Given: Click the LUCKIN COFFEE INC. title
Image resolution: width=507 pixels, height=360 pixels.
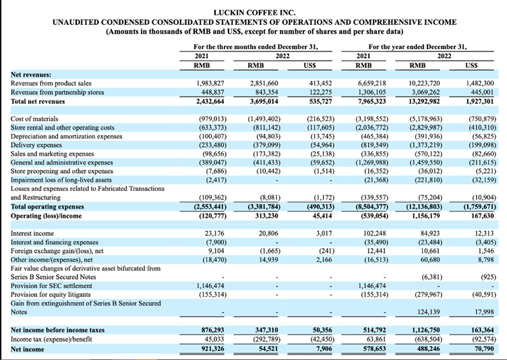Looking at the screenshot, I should click(253, 12).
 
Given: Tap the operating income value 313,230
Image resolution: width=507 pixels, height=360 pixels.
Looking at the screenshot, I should click(265, 215).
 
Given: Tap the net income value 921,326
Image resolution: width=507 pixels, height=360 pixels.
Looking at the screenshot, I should click(207, 349).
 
